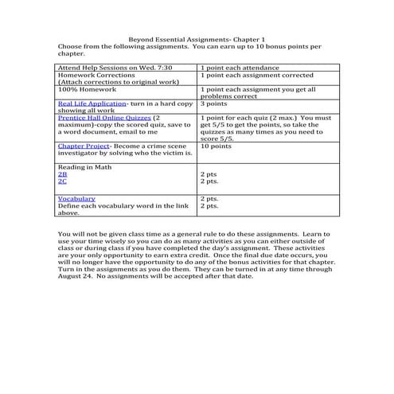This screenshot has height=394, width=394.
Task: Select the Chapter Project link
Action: (x=82, y=146)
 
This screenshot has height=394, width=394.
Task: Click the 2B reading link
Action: (x=63, y=173)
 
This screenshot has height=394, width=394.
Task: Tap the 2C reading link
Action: (x=63, y=181)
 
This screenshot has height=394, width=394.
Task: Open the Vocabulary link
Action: (x=76, y=198)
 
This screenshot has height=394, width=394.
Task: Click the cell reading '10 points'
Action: (x=217, y=146)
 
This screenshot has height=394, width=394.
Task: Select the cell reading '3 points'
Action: (x=213, y=103)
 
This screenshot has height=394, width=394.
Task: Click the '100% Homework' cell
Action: (x=85, y=89)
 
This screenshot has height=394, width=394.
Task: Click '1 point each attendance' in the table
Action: (x=240, y=68)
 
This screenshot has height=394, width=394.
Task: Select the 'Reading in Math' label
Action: (x=85, y=165)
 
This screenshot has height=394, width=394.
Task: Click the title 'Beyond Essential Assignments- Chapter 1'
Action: (x=197, y=39)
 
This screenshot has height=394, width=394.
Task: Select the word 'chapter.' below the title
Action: (x=71, y=54)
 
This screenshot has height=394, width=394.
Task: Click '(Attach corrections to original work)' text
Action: (x=116, y=82)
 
